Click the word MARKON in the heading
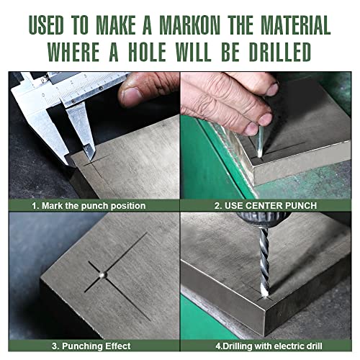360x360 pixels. [189, 25]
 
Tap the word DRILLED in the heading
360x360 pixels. [280, 52]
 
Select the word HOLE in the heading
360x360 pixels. [147, 52]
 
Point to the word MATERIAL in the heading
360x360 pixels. [296, 25]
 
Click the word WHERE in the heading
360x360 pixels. [74, 52]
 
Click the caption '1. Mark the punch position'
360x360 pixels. [89, 206]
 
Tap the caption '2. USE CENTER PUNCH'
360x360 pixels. [266, 206]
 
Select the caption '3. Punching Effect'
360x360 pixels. [91, 346]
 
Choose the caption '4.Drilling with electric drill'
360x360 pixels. [269, 346]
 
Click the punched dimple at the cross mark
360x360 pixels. [103, 274]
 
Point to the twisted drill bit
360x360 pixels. [265, 261]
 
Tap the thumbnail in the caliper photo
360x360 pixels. [131, 94]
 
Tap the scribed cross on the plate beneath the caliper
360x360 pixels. [96, 166]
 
